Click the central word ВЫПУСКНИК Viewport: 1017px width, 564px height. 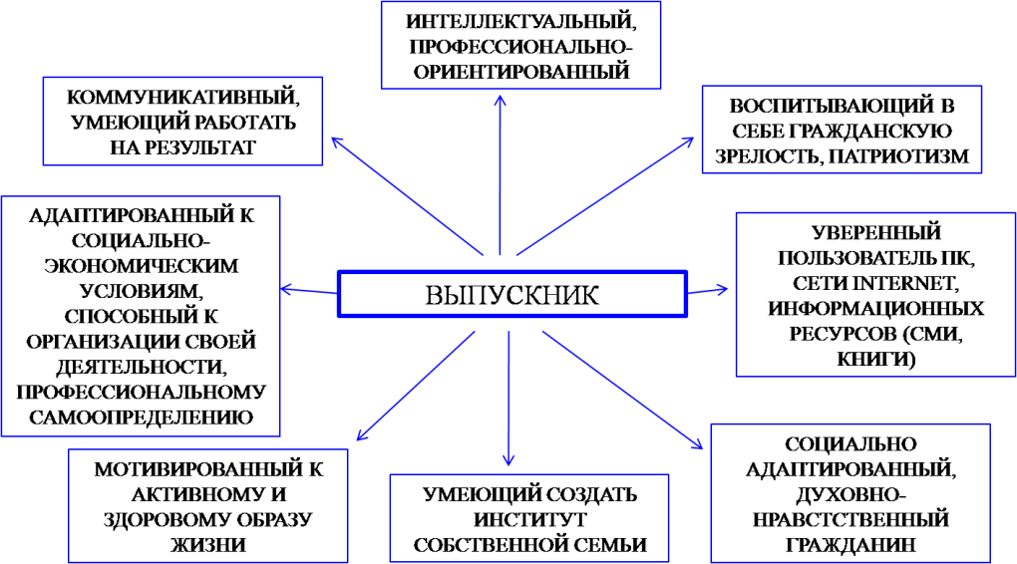tap(512, 294)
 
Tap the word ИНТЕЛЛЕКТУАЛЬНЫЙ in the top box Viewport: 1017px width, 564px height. tap(519, 20)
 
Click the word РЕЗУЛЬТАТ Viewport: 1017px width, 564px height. tap(183, 146)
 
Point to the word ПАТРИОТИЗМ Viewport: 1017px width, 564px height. tap(903, 156)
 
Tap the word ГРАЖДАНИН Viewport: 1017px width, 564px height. tap(850, 544)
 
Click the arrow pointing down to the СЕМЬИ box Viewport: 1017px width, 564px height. tap(508, 399)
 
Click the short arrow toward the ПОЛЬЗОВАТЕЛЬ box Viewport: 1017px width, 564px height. tap(708, 291)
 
